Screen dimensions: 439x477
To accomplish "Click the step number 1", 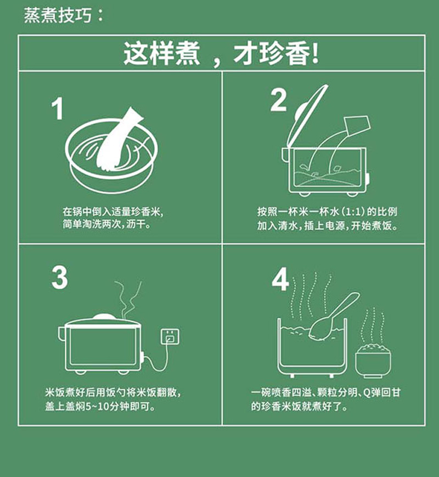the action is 58,109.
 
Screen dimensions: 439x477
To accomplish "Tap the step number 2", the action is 278,100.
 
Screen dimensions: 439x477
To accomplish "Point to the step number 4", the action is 280,279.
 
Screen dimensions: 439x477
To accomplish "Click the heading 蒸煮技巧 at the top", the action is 58,15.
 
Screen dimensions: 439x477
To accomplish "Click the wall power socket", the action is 170,336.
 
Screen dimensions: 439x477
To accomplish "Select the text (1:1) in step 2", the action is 353,212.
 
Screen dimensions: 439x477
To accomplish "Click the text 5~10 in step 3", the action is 97,407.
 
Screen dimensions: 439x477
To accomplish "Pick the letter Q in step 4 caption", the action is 367,393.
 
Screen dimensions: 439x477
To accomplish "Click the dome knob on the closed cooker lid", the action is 104,317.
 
